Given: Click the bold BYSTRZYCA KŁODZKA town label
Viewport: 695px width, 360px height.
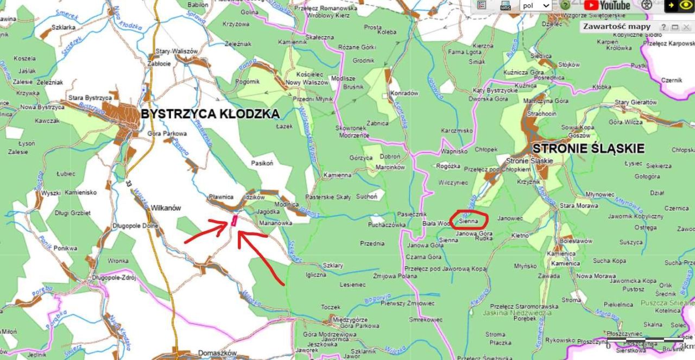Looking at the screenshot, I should [x=210, y=114].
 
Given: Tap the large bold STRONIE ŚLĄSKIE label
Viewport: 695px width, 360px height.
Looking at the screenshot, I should [x=589, y=148].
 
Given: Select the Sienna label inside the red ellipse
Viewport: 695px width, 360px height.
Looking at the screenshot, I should [x=468, y=221].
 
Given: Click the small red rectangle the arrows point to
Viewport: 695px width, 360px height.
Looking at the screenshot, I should [x=234, y=220].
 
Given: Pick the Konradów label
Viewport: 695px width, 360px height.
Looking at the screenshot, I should [x=405, y=93].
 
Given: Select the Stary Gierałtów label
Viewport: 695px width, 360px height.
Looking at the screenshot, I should [x=636, y=102].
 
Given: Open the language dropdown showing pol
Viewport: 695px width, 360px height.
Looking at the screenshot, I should [x=535, y=5].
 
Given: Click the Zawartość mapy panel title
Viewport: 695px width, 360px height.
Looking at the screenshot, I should [x=617, y=26].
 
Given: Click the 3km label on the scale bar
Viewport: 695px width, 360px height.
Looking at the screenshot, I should [x=687, y=346].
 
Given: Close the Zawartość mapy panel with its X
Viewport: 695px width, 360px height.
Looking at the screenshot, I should [x=686, y=27].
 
